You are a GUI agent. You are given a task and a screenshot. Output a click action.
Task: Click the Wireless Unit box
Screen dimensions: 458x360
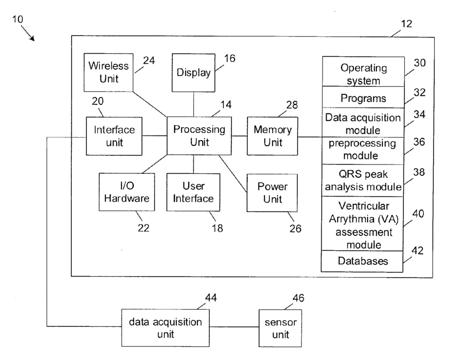pos(109,72)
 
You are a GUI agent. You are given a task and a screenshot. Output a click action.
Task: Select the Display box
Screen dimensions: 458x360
pos(193,73)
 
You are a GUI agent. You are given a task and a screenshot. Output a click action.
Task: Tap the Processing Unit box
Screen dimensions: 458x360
pos(199,136)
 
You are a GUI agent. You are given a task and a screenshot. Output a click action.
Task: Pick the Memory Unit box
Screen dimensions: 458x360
pos(272,136)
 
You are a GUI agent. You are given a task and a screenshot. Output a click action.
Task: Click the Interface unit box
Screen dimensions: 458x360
pos(114,136)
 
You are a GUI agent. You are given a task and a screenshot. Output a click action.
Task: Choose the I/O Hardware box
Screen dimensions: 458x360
pos(127,192)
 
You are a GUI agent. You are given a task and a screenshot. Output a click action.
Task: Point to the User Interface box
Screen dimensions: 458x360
pos(193,192)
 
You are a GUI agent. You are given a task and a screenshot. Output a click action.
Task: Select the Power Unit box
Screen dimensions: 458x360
pos(272,193)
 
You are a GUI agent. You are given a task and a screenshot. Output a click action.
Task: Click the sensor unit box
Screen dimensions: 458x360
pos(280,328)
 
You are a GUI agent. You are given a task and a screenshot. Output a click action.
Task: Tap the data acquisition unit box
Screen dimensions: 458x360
pos(165,328)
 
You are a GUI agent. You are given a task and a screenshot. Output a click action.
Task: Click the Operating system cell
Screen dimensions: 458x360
pos(363,71)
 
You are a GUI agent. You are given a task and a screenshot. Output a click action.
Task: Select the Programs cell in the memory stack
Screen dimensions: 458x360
pos(363,97)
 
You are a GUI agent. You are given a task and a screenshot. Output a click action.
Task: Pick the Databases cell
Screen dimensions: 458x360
pos(362,261)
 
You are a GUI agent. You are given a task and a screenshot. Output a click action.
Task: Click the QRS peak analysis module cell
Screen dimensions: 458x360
pos(362,181)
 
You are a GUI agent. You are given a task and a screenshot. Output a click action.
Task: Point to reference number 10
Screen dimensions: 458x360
pos(17,19)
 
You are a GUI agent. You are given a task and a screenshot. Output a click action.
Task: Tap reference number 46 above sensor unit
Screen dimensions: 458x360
pos(298,298)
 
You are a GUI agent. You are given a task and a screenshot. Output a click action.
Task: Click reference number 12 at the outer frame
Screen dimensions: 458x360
pos(407,24)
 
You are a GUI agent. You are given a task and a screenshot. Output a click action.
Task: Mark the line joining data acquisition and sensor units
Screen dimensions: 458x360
pos(234,327)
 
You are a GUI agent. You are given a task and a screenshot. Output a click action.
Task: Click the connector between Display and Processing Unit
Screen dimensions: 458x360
pos(194,104)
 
